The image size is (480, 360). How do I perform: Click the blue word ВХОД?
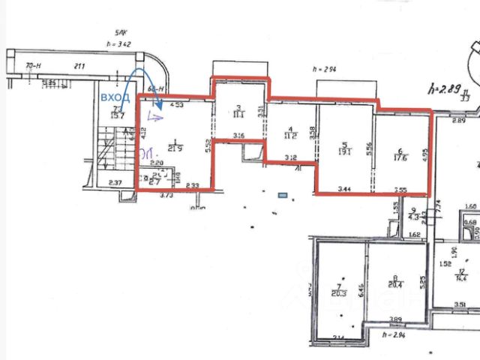(115, 98)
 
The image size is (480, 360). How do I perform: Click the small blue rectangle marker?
(283, 195)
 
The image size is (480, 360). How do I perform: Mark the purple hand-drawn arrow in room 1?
(155, 115)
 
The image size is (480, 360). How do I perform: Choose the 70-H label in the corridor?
(33, 67)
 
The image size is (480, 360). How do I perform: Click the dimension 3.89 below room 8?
(395, 319)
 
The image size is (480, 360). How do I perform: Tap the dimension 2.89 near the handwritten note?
(459, 121)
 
